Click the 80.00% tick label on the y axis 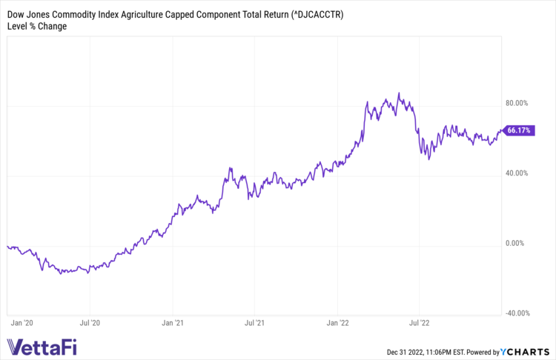click(x=517, y=103)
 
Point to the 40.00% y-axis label click(x=517, y=173)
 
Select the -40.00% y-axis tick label click(x=515, y=313)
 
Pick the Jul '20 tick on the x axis click(x=90, y=323)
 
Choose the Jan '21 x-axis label click(x=173, y=323)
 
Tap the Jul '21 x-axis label click(x=255, y=323)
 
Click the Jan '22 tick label click(x=338, y=323)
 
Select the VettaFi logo click(x=42, y=347)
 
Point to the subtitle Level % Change click(x=37, y=27)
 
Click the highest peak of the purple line click(x=399, y=93)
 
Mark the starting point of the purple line click(x=7, y=246)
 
